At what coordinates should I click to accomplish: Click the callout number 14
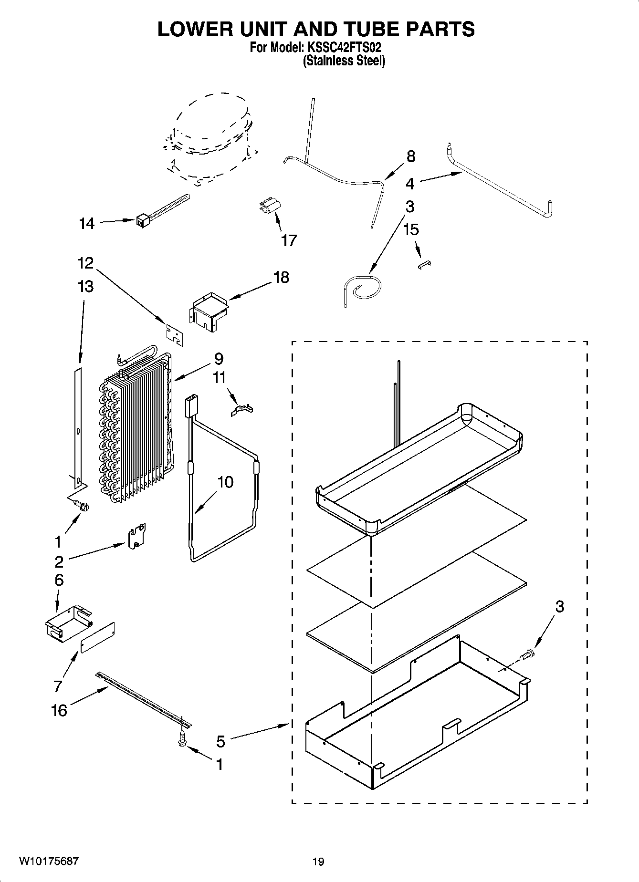tap(87, 223)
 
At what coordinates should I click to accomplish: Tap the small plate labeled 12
tap(175, 332)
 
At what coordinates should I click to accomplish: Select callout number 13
tap(86, 287)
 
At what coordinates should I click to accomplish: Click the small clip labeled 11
tap(241, 410)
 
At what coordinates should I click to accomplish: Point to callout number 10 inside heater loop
tap(226, 482)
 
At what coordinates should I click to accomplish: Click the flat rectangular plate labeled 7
tap(98, 637)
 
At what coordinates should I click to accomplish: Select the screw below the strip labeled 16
tap(182, 739)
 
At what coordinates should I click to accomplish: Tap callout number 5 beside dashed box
tap(220, 741)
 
